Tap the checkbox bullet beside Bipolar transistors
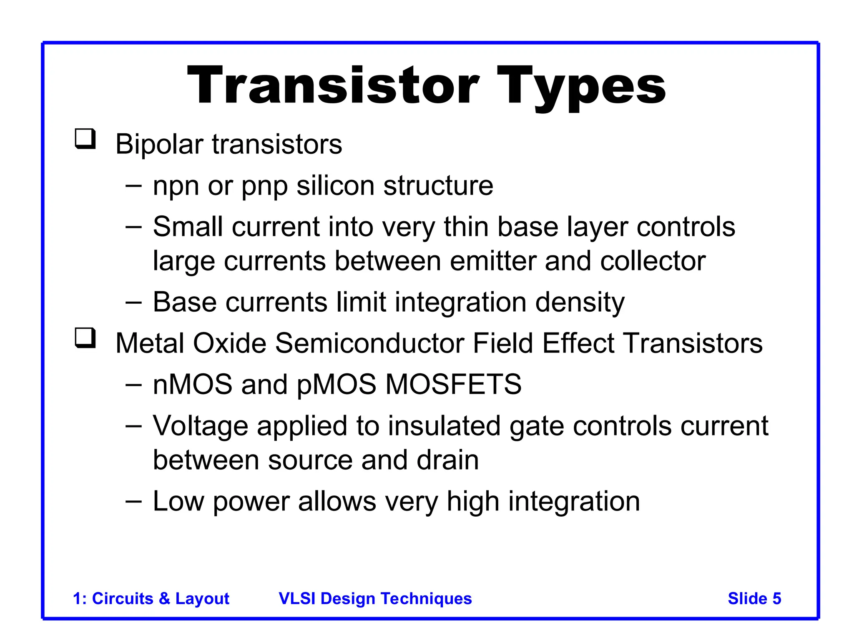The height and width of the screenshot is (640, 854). point(85,139)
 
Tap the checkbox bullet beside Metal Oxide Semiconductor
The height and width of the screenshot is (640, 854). point(85,338)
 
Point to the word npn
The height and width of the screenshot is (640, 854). point(176,186)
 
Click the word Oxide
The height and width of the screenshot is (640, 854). point(229,343)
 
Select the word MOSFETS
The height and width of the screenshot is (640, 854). point(453,384)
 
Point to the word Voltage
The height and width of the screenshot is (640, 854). point(200,427)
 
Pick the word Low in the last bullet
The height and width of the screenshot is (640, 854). point(178,501)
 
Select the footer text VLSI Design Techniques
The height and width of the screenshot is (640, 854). point(375,598)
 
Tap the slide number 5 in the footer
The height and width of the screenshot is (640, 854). point(776,598)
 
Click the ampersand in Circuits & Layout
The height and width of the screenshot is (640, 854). point(164,598)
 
